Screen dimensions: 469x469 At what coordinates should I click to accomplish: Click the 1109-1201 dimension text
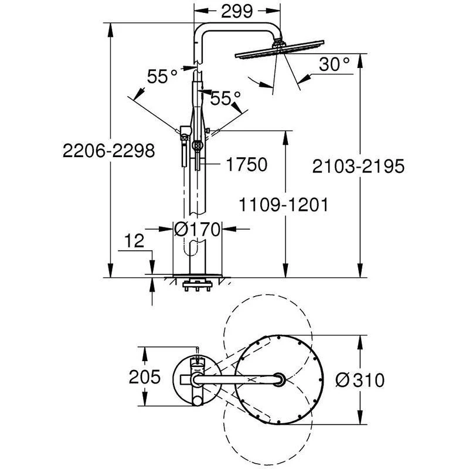click(x=283, y=206)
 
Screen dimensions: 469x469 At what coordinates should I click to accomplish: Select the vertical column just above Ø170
click(x=198, y=199)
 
